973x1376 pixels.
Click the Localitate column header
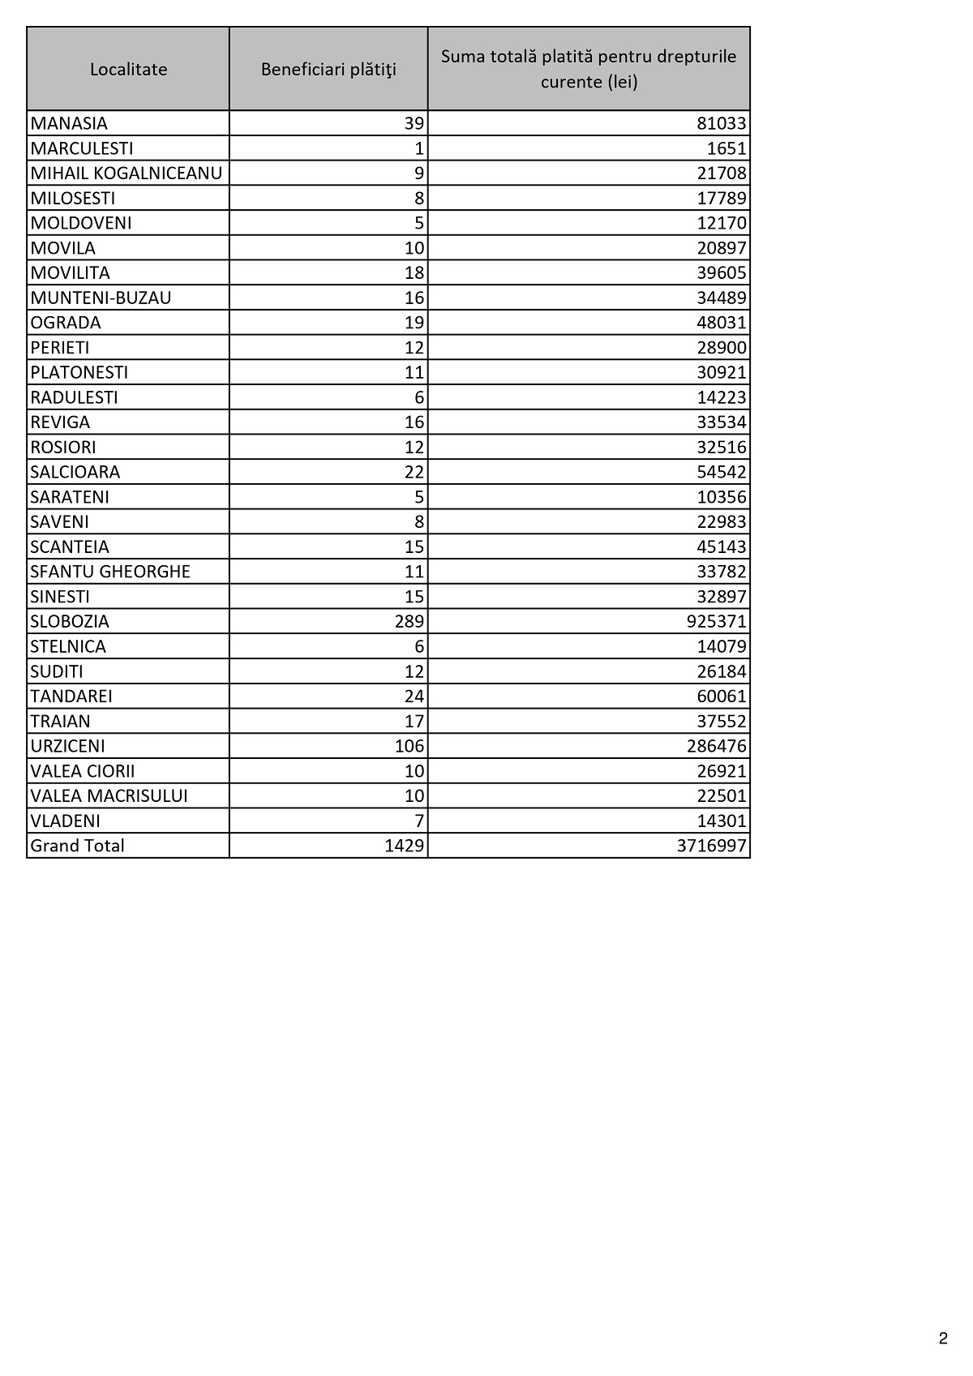click(128, 70)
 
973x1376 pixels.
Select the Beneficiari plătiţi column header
click(328, 70)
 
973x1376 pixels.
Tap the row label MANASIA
click(69, 123)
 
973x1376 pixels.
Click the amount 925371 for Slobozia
click(716, 622)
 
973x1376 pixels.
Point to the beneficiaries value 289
click(409, 622)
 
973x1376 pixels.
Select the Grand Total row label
click(77, 846)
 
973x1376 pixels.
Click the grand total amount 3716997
click(711, 846)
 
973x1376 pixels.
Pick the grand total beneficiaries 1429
click(405, 846)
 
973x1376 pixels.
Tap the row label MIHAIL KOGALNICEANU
click(126, 174)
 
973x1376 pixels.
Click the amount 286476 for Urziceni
click(716, 746)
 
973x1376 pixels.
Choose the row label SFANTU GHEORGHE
click(110, 572)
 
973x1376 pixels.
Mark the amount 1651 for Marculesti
click(727, 148)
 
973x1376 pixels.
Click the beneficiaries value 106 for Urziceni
click(409, 746)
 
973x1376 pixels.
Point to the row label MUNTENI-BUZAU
click(101, 298)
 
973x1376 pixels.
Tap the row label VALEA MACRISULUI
click(109, 796)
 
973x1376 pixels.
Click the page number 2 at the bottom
click(943, 1339)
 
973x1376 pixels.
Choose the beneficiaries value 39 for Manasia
click(414, 123)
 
